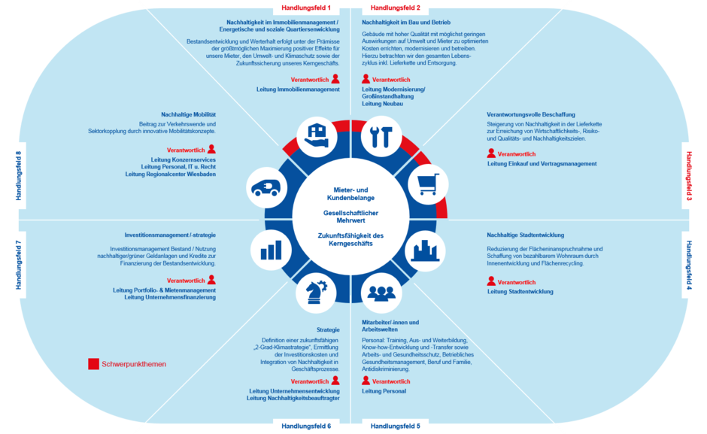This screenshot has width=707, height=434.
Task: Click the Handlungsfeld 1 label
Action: click(305, 8)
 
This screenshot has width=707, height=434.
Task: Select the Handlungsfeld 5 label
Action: click(396, 426)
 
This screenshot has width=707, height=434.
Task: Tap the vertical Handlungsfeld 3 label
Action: click(689, 176)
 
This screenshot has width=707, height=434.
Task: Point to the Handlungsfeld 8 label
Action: click(19, 176)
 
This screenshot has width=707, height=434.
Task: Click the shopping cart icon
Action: click(428, 184)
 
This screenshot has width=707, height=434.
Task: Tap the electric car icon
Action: click(266, 188)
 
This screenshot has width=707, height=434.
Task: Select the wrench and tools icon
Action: click(381, 137)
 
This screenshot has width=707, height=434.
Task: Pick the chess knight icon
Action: click(316, 293)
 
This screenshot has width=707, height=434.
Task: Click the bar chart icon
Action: click(271, 250)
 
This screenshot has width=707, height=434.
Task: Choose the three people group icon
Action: click(381, 293)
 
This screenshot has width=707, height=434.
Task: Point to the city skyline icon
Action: click(425, 250)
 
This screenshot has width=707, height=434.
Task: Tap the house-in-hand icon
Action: click(317, 136)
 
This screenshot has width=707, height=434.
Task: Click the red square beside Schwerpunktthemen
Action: click(93, 364)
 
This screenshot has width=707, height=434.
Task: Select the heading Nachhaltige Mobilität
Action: click(189, 114)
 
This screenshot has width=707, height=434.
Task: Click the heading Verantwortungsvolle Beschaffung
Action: click(531, 114)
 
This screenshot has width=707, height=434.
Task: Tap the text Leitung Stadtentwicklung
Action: click(520, 291)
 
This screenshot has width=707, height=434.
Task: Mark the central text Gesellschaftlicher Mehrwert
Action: click(350, 217)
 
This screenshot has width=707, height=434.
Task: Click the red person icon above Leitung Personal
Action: click(366, 381)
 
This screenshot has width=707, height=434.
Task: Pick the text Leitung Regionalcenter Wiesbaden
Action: click(171, 175)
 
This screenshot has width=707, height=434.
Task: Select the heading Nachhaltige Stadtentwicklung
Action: click(525, 235)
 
